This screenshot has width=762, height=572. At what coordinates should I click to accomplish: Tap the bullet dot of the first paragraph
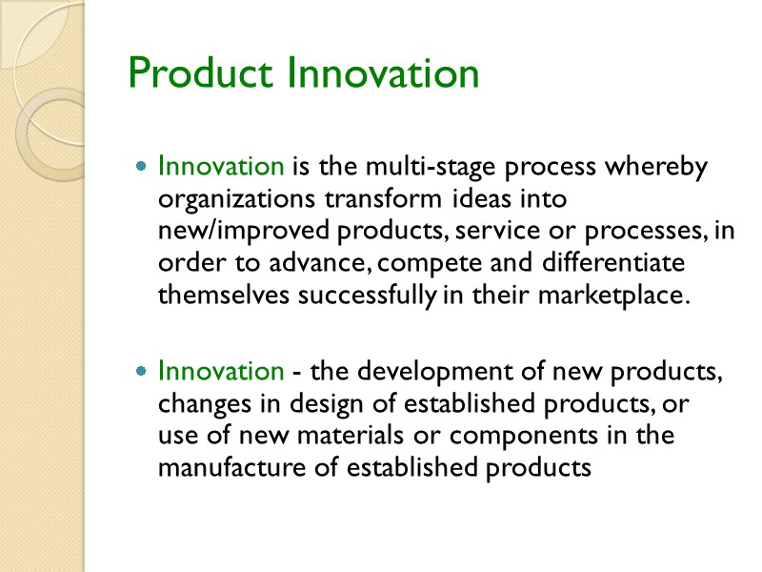[141, 167]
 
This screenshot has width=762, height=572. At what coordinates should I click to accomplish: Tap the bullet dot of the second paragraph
[141, 370]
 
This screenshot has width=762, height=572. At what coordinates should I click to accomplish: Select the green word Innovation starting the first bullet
[221, 167]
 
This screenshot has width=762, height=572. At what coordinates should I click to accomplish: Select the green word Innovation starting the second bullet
[221, 370]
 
